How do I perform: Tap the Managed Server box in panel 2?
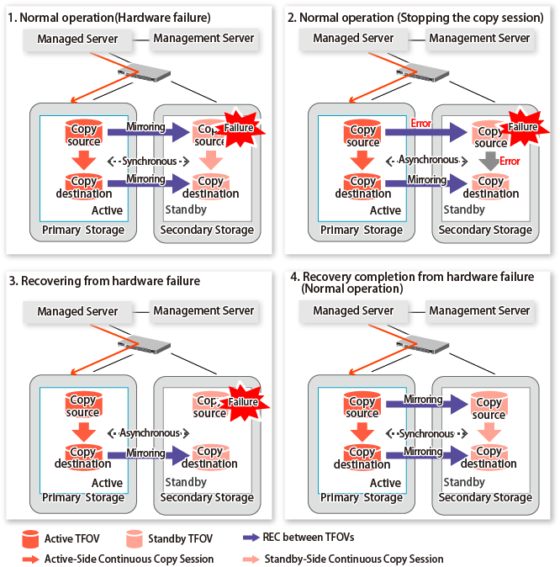coord(353,39)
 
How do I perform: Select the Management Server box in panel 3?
coord(203,311)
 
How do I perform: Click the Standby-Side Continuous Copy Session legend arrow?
coord(250,558)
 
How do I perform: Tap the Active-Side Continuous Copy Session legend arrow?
coord(31,558)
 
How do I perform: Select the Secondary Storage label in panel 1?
coord(207,230)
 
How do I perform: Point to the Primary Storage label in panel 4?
coord(364,497)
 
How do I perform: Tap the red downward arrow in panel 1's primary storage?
coord(83,161)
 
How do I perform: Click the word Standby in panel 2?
coord(463,209)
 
